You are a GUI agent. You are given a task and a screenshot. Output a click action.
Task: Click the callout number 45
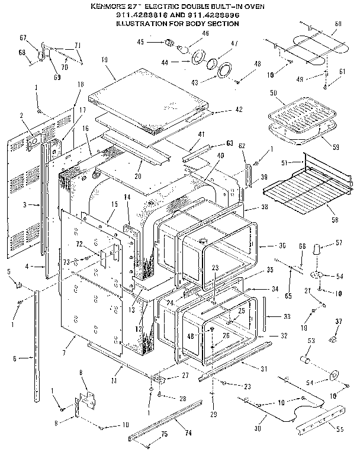[x=141, y=41]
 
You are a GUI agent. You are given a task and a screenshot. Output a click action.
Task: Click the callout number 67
[x=23, y=38]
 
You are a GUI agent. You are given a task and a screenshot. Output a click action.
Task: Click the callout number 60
[x=338, y=24]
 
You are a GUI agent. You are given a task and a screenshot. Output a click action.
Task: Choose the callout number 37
[x=339, y=321]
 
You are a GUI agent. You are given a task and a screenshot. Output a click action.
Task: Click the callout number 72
[x=78, y=245]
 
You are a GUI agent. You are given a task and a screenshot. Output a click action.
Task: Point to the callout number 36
[x=282, y=245]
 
